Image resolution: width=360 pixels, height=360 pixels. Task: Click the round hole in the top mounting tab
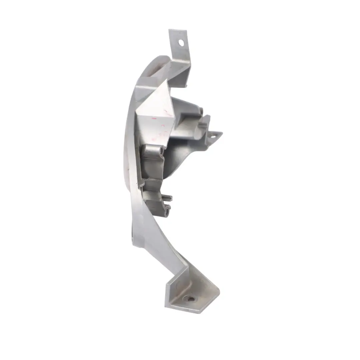pos(181,43)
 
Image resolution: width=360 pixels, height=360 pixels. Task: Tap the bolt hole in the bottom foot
pos(190,299)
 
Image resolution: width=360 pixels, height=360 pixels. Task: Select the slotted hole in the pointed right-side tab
pos(214,135)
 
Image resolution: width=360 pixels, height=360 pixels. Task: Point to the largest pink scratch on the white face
pos(153,118)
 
